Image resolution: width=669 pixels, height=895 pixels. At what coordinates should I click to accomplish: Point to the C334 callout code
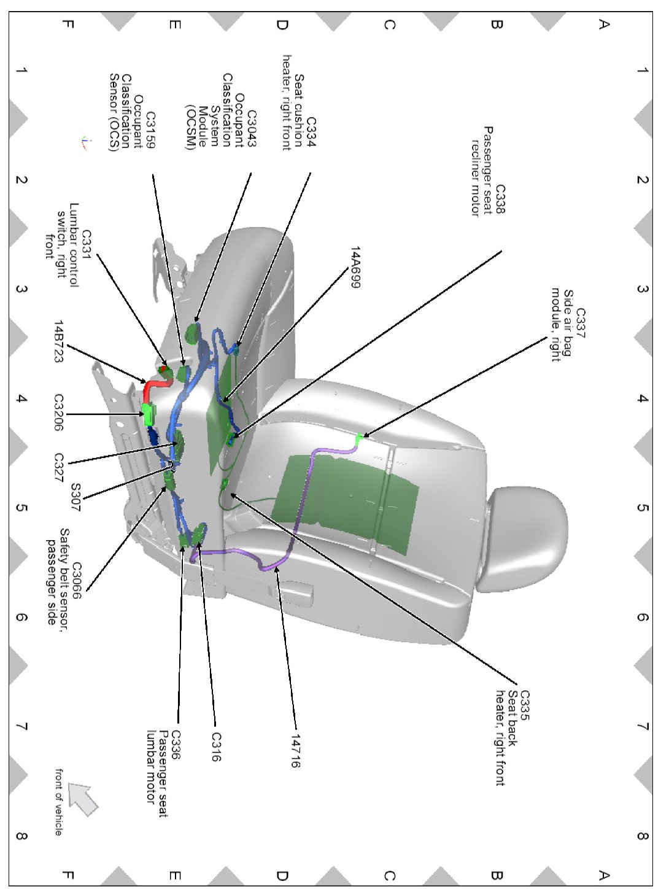[311, 133]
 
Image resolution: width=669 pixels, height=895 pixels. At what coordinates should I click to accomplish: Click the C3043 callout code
[252, 129]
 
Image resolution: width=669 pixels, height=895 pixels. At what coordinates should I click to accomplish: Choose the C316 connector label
[215, 746]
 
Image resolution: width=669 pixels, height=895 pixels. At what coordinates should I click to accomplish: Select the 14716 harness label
[295, 751]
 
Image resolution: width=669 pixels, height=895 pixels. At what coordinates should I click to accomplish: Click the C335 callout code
[525, 705]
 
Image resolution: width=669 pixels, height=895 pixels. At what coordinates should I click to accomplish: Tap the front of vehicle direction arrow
[83, 799]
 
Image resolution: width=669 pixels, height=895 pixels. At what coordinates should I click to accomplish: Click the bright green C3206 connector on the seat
[148, 414]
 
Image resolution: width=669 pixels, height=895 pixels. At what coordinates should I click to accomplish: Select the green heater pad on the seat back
[344, 500]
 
